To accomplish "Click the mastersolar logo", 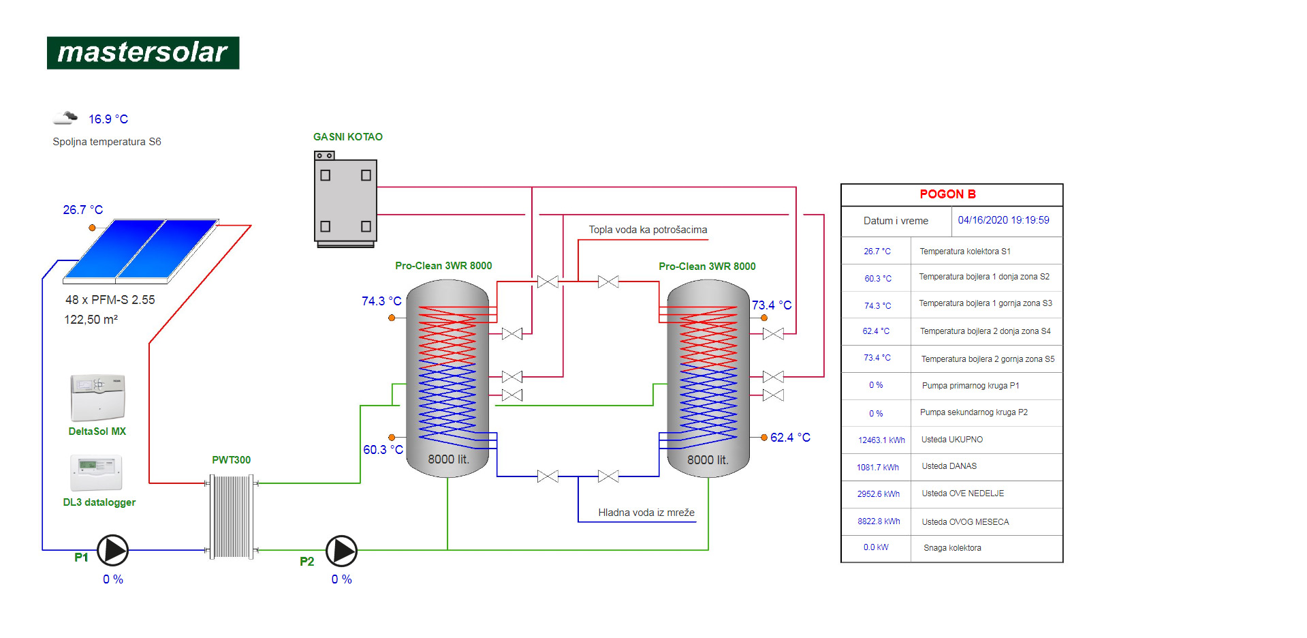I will [x=143, y=52].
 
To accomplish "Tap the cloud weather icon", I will [x=65, y=118].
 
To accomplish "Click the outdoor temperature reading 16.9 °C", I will [x=108, y=119].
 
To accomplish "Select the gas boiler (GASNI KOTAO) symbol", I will [x=345, y=199].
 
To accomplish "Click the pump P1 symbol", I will [x=112, y=551].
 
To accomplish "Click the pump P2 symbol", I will [x=341, y=551].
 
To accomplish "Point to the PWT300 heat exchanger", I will [x=232, y=516].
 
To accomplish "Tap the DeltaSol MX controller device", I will [x=98, y=397].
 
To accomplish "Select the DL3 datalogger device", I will [x=97, y=472].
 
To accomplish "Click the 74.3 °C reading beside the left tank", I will [x=381, y=301].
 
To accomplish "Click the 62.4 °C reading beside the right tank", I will [x=790, y=438].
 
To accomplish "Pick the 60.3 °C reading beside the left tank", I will [x=383, y=450].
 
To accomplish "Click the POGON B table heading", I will [x=947, y=194].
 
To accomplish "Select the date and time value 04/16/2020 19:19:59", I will [x=1003, y=220].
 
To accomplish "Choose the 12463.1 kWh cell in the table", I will [x=881, y=440].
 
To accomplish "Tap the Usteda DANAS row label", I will [x=949, y=466].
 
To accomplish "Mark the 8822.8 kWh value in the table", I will [x=879, y=521].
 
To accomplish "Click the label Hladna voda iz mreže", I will [x=646, y=513].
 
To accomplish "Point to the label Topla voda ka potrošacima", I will [x=648, y=230].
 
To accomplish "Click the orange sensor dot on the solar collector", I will [x=92, y=228].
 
